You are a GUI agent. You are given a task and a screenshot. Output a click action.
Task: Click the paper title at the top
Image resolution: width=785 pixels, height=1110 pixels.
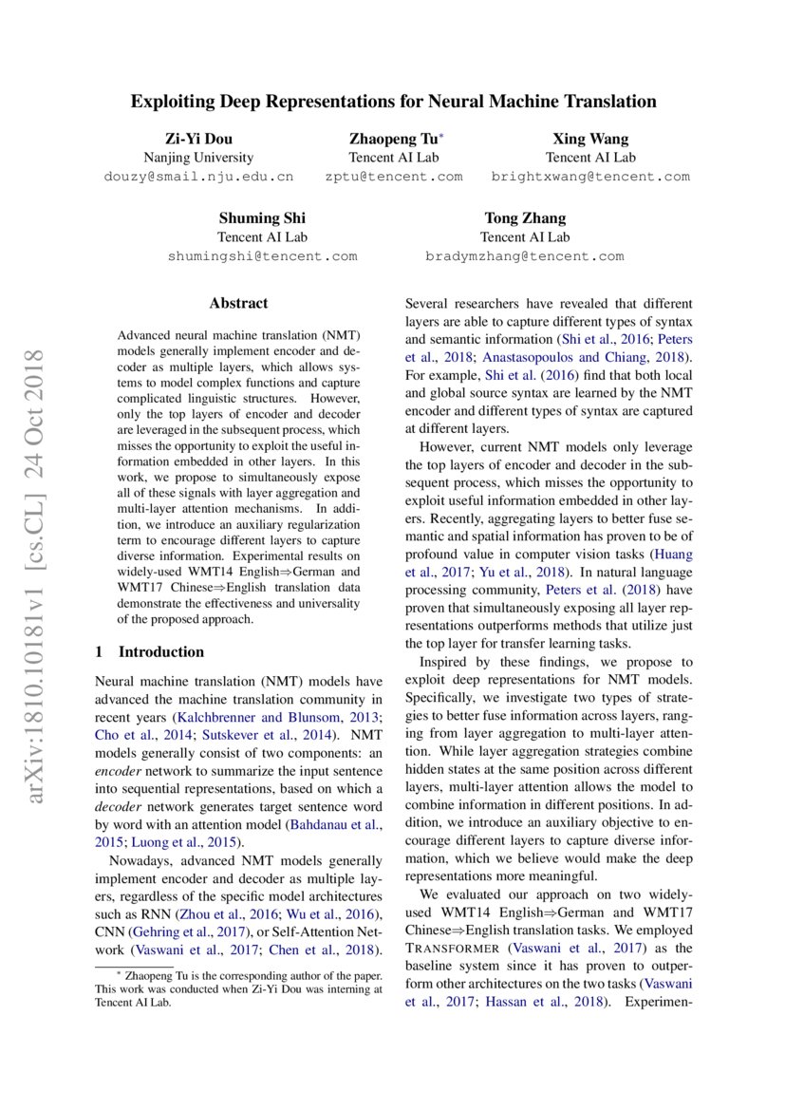click(x=393, y=101)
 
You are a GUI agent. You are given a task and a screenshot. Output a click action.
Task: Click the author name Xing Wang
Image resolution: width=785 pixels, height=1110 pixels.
click(x=590, y=139)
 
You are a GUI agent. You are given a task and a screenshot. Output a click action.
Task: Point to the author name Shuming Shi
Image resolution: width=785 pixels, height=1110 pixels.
click(x=262, y=218)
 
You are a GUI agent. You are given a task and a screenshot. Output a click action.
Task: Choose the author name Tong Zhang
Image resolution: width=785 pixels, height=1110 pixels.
click(x=525, y=218)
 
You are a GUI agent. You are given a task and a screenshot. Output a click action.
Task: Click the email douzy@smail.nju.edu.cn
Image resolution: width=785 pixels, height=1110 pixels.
click(x=197, y=177)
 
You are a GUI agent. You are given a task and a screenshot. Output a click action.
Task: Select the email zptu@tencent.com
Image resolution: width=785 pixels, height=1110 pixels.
click(x=393, y=177)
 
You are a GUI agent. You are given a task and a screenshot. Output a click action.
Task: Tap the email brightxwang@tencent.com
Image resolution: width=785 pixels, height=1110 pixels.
click(x=590, y=177)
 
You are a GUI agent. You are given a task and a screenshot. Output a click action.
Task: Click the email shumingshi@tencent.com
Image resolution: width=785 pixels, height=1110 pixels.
click(x=262, y=256)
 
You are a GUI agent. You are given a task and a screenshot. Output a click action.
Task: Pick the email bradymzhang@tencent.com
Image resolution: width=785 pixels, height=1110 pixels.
click(x=525, y=256)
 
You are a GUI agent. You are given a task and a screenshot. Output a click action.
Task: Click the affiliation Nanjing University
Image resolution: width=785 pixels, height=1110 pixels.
click(x=197, y=158)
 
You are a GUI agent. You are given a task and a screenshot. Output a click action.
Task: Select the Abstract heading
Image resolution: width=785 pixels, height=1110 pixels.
click(x=238, y=304)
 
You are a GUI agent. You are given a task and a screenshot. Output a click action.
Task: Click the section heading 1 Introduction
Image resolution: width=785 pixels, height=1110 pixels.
click(x=150, y=651)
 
